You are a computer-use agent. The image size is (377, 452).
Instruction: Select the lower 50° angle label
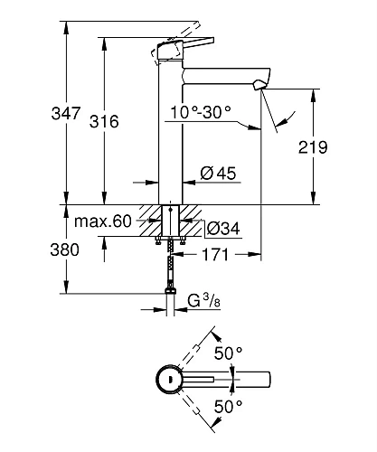[x=228, y=408]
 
